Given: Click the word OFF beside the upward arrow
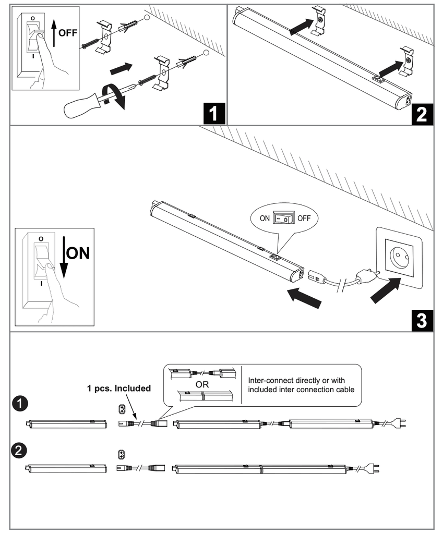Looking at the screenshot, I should point(68,32).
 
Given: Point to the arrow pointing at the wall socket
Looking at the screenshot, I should point(385,292).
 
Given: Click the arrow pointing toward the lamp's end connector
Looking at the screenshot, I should point(305,298).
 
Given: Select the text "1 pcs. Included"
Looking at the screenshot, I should point(118,388).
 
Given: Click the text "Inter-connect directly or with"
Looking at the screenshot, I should point(296,380).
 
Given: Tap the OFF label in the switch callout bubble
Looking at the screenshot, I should point(304,217).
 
